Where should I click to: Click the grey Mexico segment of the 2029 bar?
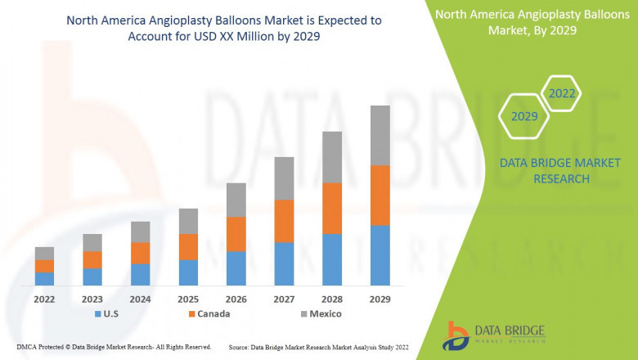[380, 135]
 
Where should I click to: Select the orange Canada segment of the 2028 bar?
[332, 208]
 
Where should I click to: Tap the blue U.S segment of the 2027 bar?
[284, 263]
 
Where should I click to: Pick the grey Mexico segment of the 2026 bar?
[236, 200]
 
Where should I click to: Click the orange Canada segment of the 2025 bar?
[188, 246]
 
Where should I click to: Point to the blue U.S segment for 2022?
[44, 278]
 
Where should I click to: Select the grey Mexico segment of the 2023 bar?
[92, 242]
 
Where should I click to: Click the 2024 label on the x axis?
[140, 299]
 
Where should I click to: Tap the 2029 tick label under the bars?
[380, 299]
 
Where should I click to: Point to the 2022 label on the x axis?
[44, 299]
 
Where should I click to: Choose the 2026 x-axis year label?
[236, 299]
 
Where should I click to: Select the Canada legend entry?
[209, 313]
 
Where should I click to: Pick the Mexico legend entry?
[319, 313]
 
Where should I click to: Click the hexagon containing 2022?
[562, 94]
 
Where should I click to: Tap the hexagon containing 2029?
[524, 117]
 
